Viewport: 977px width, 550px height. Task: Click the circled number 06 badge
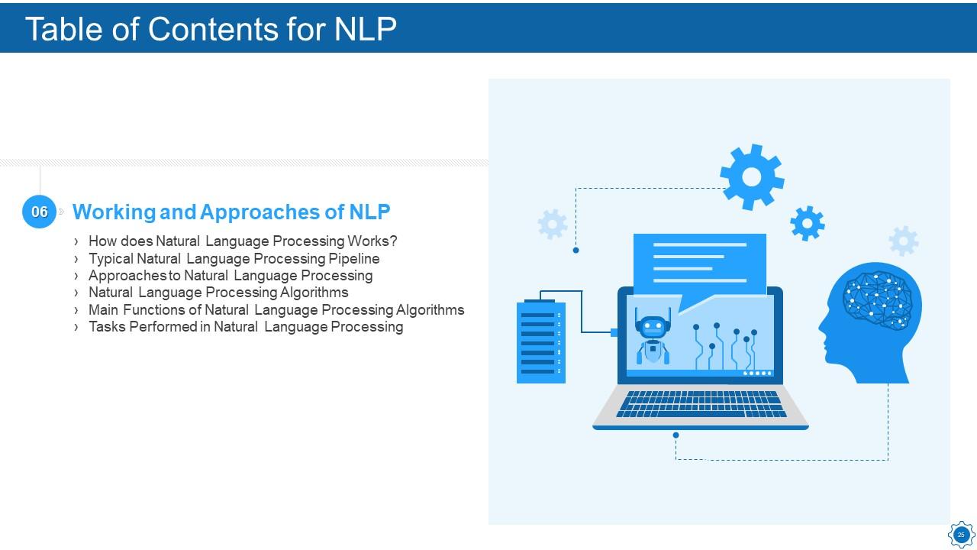click(39, 212)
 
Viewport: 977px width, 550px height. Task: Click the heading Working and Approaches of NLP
click(231, 212)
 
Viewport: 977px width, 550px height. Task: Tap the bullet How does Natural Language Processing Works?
click(243, 241)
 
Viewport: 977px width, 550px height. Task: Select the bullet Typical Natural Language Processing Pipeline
click(234, 258)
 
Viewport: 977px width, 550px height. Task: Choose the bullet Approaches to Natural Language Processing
click(231, 276)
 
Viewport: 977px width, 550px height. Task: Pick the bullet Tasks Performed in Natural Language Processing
click(246, 326)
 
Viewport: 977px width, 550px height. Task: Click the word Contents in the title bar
click(212, 29)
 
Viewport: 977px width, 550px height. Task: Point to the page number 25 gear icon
click(961, 534)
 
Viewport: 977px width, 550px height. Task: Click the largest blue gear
click(752, 176)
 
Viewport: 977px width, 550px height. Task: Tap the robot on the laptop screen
click(652, 336)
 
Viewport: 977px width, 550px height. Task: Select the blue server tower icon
click(541, 341)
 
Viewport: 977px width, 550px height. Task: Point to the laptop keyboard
click(701, 404)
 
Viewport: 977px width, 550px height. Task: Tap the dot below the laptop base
click(676, 435)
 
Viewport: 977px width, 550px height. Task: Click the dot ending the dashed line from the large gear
click(576, 250)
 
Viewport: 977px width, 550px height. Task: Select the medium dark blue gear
click(808, 223)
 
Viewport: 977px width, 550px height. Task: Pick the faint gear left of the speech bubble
click(553, 224)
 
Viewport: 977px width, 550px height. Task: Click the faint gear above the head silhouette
click(904, 241)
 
